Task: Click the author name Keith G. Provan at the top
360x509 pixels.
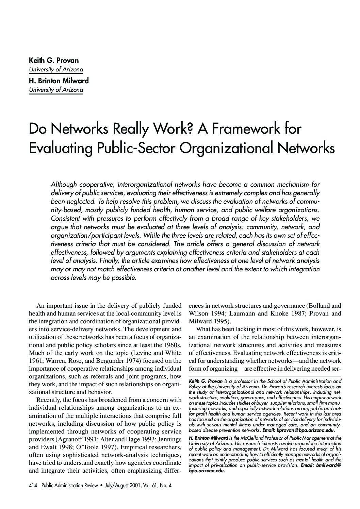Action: click(x=54, y=61)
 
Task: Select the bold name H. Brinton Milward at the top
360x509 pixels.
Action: click(x=59, y=81)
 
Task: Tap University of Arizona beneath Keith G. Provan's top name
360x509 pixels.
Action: click(x=56, y=70)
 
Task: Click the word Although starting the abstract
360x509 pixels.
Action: click(x=64, y=185)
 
